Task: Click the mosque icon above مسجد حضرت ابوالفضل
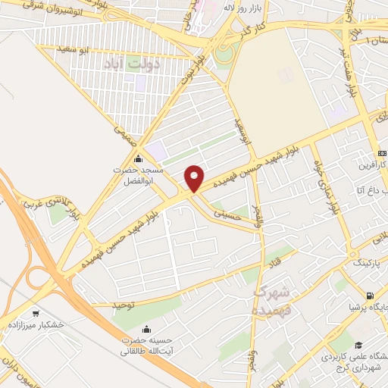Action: pyautogui.click(x=137, y=160)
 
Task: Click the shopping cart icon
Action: pyautogui.click(x=36, y=311)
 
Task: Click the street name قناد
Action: pyautogui.click(x=270, y=262)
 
